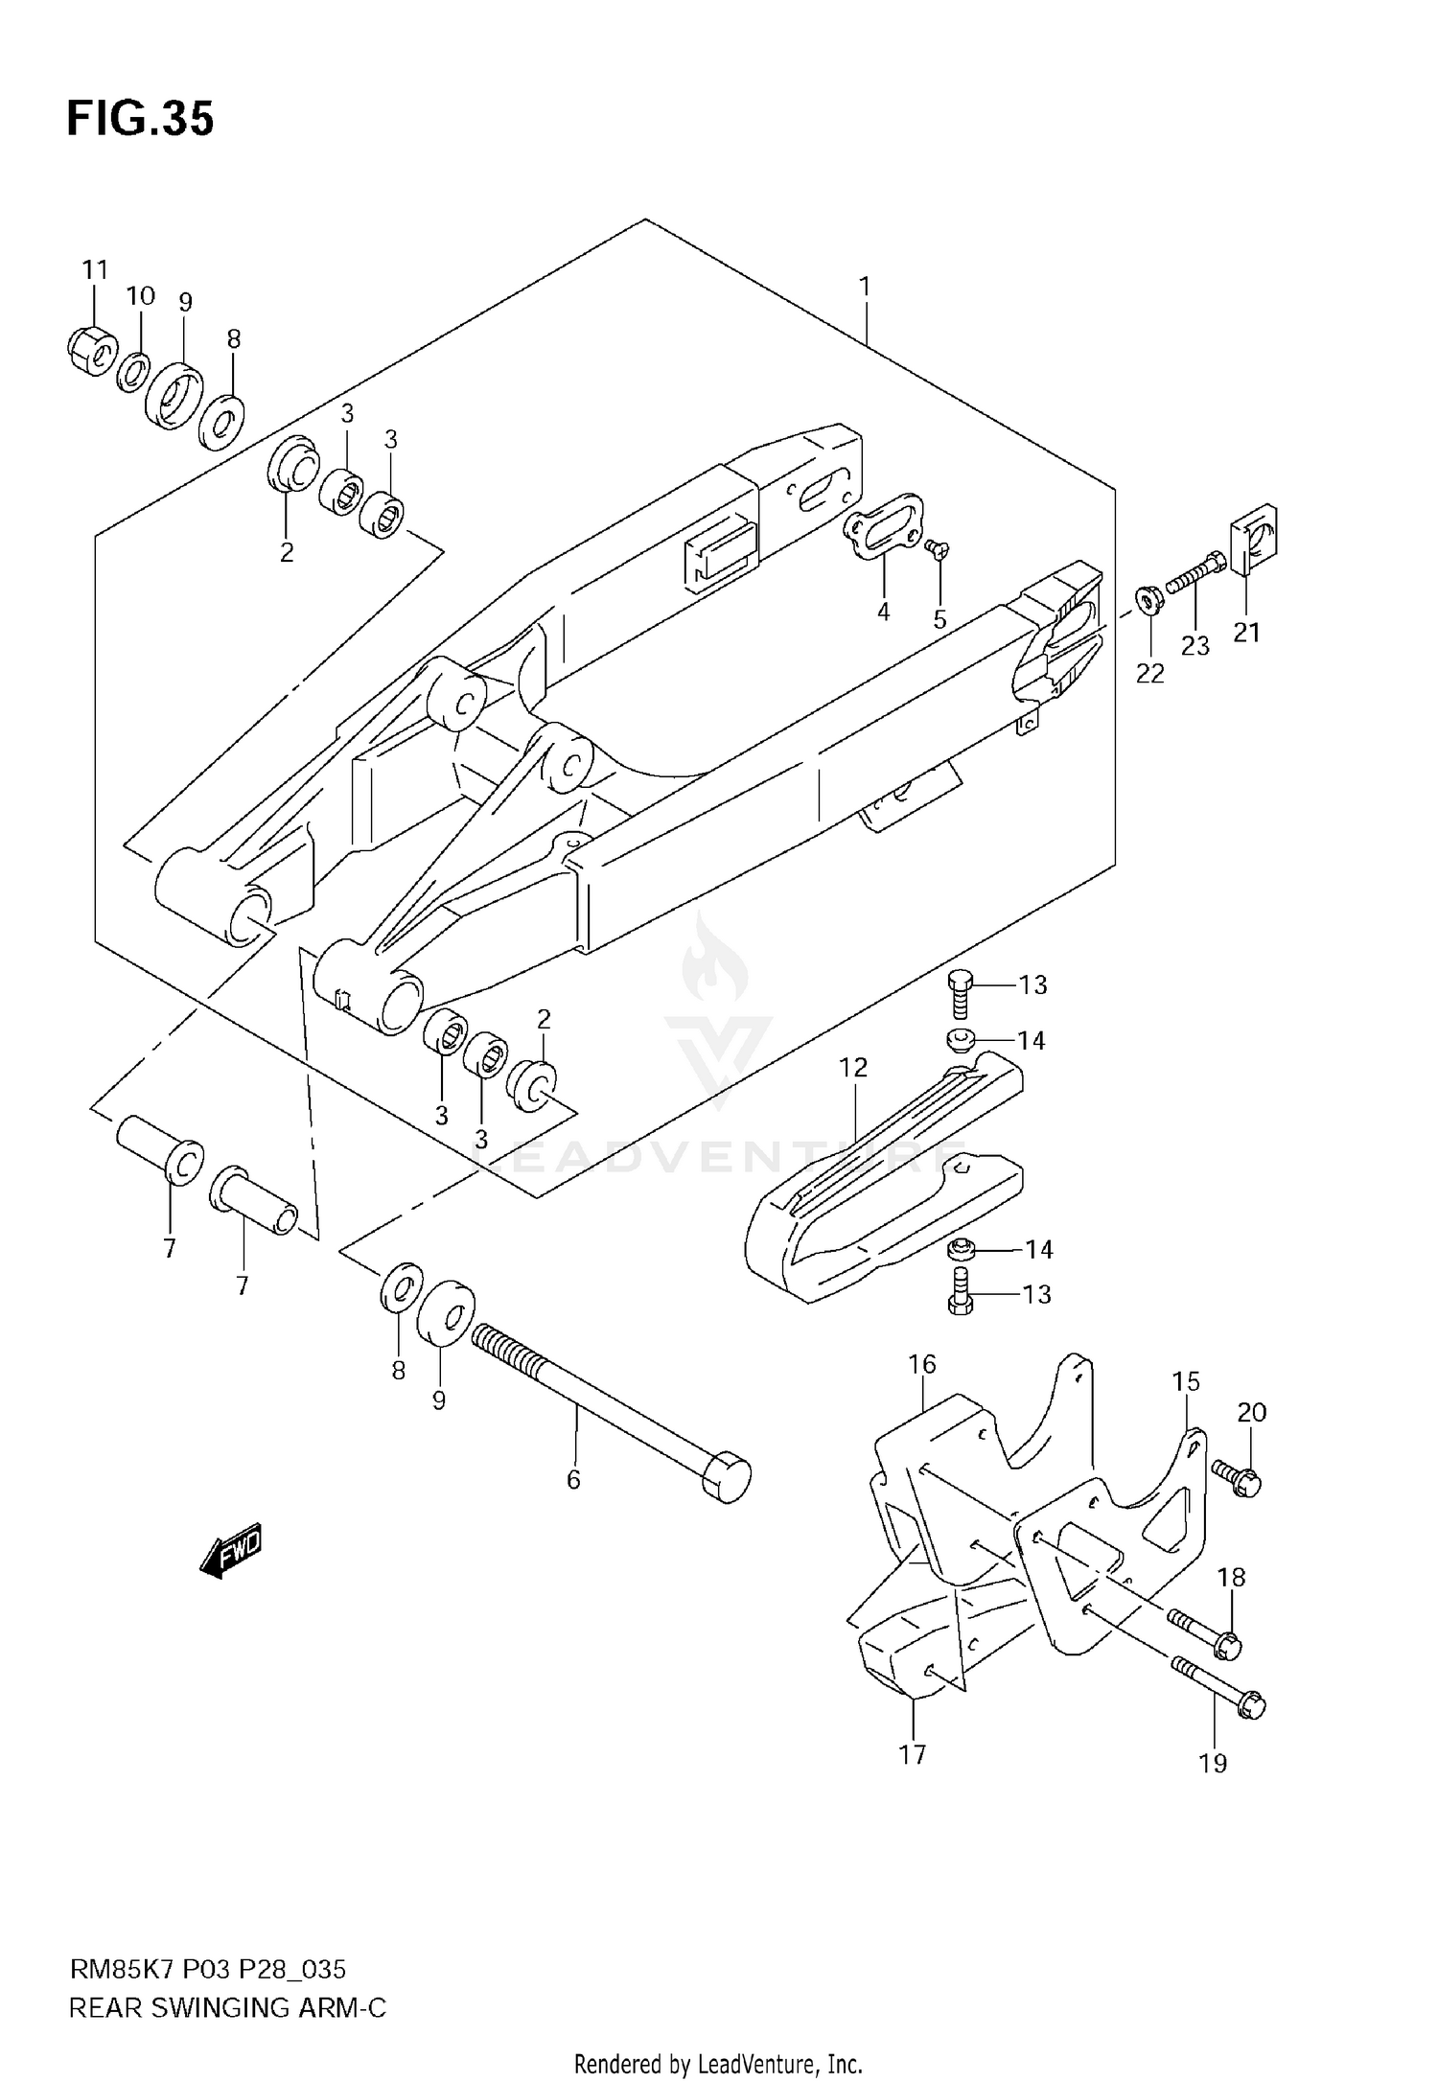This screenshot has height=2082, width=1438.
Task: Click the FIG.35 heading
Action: pos(140,121)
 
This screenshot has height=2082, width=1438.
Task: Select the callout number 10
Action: pos(140,296)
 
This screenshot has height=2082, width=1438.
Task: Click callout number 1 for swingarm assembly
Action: pos(864,286)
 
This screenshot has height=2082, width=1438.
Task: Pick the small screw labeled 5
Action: pos(937,548)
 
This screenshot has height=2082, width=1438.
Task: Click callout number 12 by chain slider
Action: pos(853,1067)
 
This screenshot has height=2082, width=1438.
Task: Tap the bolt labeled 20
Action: pos(1238,1477)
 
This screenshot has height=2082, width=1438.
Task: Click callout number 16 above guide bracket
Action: pos(921,1364)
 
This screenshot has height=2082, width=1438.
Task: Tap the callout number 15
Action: pos(1186,1381)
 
